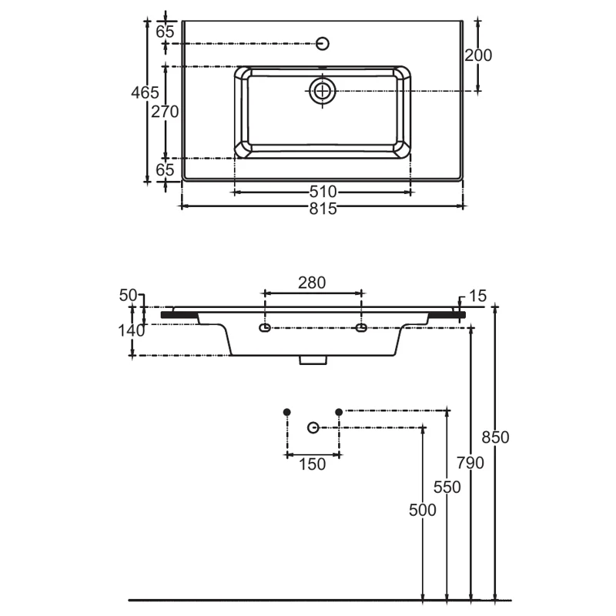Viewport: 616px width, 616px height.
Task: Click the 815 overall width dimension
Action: [x=323, y=209]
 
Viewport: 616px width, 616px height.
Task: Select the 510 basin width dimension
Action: [x=323, y=192]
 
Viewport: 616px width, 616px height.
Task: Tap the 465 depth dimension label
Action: [x=145, y=92]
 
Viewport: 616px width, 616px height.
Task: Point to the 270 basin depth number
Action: [x=165, y=112]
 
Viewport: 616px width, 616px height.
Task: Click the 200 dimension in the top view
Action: [x=478, y=55]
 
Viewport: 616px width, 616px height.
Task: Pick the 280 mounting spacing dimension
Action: [x=312, y=283]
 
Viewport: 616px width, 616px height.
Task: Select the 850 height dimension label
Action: [x=495, y=437]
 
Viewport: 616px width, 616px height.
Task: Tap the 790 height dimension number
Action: [x=470, y=464]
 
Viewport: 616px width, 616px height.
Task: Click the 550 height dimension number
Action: [x=447, y=487]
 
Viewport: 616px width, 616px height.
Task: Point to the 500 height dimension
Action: [x=423, y=511]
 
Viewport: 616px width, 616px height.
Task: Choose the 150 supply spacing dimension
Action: [x=313, y=464]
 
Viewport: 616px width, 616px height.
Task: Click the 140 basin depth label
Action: [x=132, y=331]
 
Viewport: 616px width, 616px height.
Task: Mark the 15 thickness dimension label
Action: [x=477, y=296]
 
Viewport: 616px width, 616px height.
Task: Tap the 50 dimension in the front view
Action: [x=128, y=296]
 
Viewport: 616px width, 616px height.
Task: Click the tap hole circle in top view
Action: [x=323, y=44]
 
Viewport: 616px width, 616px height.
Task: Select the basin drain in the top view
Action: [x=322, y=91]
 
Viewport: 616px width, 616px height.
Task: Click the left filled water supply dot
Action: [x=287, y=412]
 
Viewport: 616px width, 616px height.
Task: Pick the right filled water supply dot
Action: [x=339, y=412]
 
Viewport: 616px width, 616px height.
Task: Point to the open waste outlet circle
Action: [x=313, y=427]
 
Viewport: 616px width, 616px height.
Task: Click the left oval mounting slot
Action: [x=265, y=328]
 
